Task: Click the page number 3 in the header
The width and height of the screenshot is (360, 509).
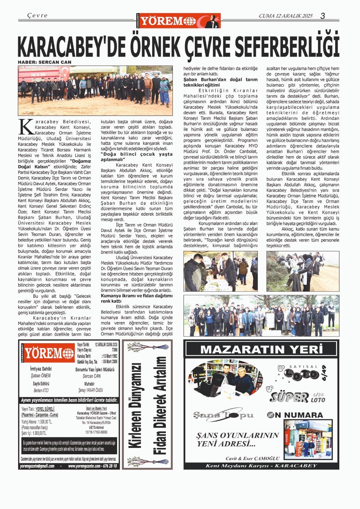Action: click(322, 16)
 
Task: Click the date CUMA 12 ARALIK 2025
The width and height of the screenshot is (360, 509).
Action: click(286, 16)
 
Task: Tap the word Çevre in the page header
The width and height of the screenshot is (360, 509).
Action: click(37, 15)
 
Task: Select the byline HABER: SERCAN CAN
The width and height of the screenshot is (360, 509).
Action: click(45, 62)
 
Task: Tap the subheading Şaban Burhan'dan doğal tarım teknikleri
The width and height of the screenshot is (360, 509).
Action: click(220, 82)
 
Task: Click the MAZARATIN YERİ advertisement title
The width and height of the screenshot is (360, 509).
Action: click(261, 349)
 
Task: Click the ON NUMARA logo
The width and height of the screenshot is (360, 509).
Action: click(295, 415)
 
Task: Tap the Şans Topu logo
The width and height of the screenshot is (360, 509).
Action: click(223, 415)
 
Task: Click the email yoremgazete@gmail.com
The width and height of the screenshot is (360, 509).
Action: click(37, 466)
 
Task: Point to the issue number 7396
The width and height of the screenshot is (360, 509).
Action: click(114, 350)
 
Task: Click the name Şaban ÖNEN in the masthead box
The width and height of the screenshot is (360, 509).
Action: click(41, 375)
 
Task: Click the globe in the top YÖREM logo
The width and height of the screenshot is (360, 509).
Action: click(191, 21)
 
